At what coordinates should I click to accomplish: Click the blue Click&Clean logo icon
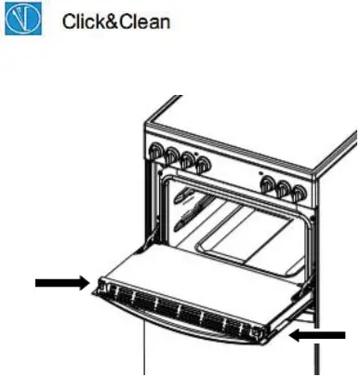click(x=19, y=19)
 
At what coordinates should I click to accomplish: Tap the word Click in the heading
click(x=81, y=20)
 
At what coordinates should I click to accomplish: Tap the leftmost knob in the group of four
click(x=154, y=152)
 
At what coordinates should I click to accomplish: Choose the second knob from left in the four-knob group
click(x=170, y=156)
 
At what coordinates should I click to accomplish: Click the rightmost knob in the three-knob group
click(x=299, y=195)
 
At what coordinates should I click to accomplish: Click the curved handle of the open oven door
click(x=177, y=343)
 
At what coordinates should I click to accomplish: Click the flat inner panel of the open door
click(x=186, y=284)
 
